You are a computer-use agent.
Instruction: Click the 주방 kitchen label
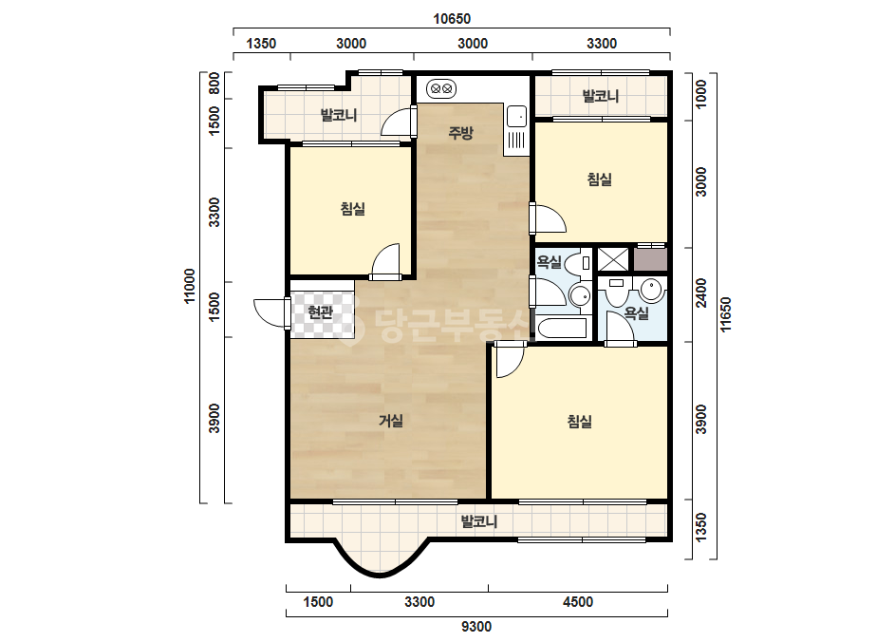pyautogui.click(x=461, y=133)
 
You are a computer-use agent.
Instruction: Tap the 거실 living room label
pyautogui.click(x=391, y=421)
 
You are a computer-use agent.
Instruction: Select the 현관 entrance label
pyautogui.click(x=321, y=312)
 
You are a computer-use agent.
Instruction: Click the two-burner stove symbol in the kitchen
pyautogui.click(x=441, y=88)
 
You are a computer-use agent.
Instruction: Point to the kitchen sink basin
pyautogui.click(x=516, y=117)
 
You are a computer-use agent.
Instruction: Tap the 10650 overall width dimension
pyautogui.click(x=452, y=19)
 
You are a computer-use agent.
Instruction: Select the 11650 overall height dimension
pyautogui.click(x=726, y=314)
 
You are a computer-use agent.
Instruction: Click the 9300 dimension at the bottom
pyautogui.click(x=476, y=627)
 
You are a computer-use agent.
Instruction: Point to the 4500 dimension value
pyautogui.click(x=578, y=602)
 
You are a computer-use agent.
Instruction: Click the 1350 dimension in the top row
pyautogui.click(x=261, y=43)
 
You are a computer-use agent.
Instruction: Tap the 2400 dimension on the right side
pyautogui.click(x=701, y=293)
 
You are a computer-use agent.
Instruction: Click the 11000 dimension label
pyautogui.click(x=190, y=286)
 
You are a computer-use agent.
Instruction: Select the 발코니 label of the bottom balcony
pyautogui.click(x=478, y=521)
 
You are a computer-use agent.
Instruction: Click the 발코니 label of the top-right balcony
pyautogui.click(x=601, y=96)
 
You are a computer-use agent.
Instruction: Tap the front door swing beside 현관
pyautogui.click(x=270, y=312)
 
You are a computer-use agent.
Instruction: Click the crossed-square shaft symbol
pyautogui.click(x=613, y=259)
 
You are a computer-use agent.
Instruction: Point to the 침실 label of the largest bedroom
pyautogui.click(x=579, y=421)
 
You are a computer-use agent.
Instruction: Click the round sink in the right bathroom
pyautogui.click(x=651, y=289)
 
